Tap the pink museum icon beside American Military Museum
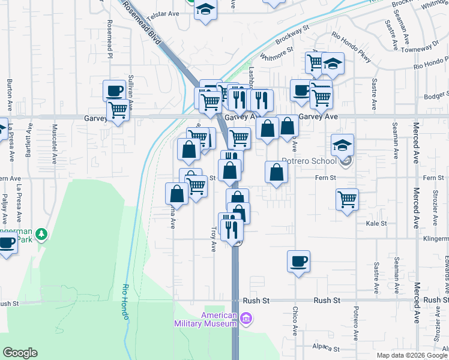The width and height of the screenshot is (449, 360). click(245, 317)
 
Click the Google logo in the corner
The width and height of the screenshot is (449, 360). click(20, 353)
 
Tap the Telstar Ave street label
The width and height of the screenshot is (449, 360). click(164, 13)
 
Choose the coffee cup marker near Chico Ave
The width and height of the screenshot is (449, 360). click(298, 261)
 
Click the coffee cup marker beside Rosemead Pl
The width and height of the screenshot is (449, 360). click(114, 91)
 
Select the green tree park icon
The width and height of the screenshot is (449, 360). click(41, 233)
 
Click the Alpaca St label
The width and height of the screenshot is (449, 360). click(326, 348)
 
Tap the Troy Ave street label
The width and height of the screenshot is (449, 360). click(213, 238)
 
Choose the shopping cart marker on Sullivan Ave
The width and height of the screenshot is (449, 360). click(118, 110)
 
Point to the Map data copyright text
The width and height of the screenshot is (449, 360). click(412, 355)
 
